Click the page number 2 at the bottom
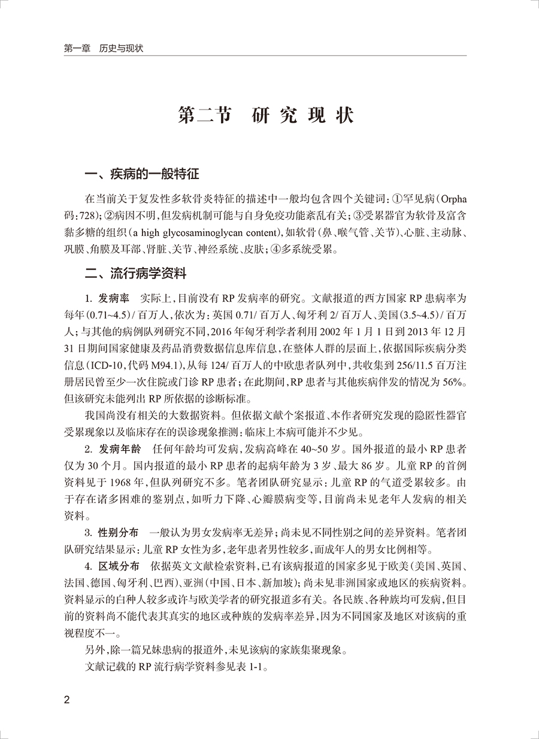point(67,700)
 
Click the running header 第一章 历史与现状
point(103,47)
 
